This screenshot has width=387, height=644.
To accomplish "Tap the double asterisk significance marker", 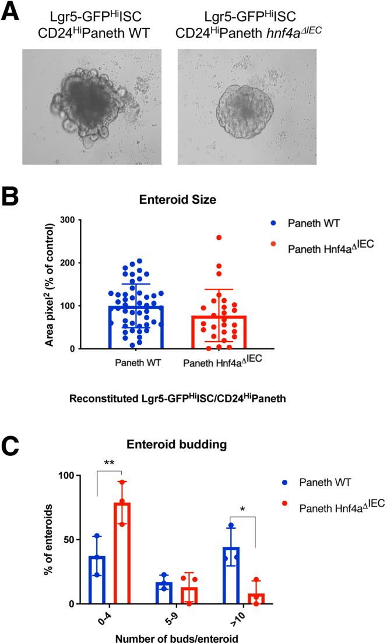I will pos(108,463).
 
